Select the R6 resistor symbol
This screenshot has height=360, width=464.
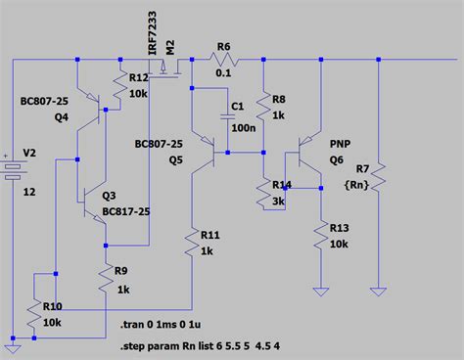[223, 62]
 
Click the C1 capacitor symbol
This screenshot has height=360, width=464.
[227, 108]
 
